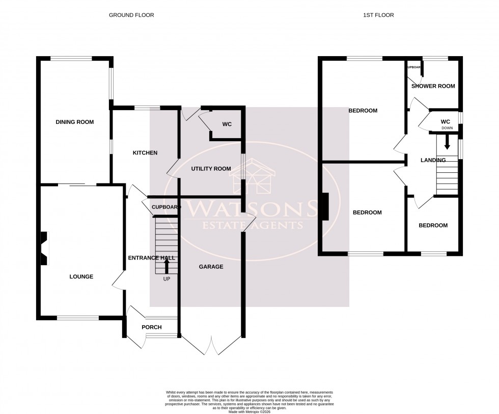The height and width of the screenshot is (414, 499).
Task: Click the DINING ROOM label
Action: pyautogui.click(x=75, y=122)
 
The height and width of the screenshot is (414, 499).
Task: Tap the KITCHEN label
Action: pyautogui.click(x=145, y=153)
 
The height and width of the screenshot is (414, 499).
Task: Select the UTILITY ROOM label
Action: pyautogui.click(x=211, y=169)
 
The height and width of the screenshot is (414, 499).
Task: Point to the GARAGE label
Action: pyautogui.click(x=211, y=266)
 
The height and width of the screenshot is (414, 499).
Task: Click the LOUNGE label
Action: pyautogui.click(x=81, y=277)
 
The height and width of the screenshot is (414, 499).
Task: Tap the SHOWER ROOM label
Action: pyautogui.click(x=433, y=86)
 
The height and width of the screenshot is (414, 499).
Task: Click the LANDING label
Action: pyautogui.click(x=433, y=160)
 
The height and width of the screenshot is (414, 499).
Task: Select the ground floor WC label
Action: pyautogui.click(x=227, y=124)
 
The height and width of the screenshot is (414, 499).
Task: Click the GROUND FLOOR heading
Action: pyautogui.click(x=131, y=15)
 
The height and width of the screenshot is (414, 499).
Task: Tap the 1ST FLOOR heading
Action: pyautogui.click(x=378, y=15)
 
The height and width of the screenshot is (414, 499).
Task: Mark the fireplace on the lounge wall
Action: pyautogui.click(x=45, y=248)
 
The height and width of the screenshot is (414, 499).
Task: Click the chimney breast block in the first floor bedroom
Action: pyautogui.click(x=325, y=206)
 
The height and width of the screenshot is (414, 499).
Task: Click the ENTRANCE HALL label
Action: pyautogui.click(x=151, y=258)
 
